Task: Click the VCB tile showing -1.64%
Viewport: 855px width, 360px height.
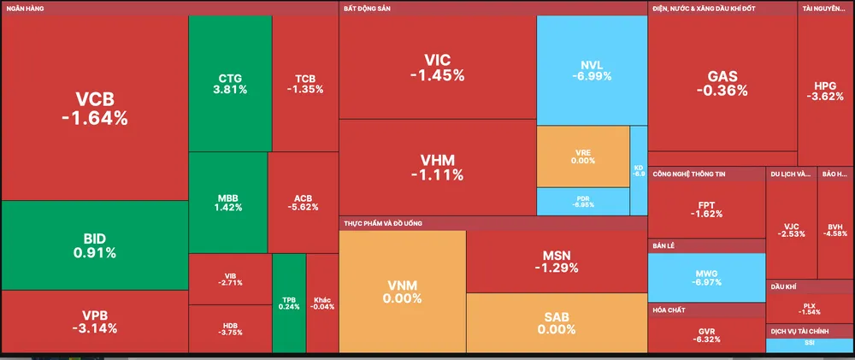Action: tap(94, 109)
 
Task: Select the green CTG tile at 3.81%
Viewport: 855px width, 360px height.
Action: tap(230, 83)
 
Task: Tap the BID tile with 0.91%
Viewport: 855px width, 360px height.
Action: tap(94, 245)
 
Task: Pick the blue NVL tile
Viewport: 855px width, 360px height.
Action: tap(591, 70)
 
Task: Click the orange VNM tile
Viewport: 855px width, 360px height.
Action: tap(403, 292)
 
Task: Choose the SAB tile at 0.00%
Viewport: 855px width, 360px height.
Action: tap(556, 322)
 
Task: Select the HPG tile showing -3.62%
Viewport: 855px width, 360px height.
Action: tap(825, 91)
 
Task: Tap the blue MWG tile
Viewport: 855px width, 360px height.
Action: tap(706, 277)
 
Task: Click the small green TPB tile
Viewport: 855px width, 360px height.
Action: tap(289, 303)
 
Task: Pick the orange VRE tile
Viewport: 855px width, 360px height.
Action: tap(582, 156)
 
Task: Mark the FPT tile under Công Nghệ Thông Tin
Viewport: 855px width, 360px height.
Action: tap(706, 210)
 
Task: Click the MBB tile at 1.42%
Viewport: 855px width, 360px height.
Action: tap(228, 202)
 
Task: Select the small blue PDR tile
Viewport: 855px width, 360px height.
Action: tap(582, 201)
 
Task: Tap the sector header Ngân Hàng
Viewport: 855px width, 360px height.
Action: tap(26, 8)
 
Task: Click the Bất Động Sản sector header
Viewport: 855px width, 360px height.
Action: tap(368, 8)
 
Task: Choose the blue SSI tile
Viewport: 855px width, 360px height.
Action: tap(809, 345)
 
